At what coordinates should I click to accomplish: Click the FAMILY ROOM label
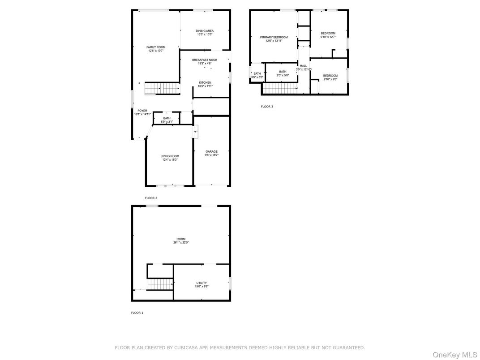tap(156, 47)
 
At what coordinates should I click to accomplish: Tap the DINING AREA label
tap(205, 31)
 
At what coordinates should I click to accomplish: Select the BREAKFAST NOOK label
tap(205, 60)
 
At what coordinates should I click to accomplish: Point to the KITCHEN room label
tap(205, 83)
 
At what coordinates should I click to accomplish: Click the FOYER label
tap(142, 111)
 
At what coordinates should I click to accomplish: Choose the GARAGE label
tap(211, 151)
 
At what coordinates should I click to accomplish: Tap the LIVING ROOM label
tap(170, 156)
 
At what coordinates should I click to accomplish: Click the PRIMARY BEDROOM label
tap(274, 37)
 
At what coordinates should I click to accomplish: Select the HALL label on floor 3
tap(304, 66)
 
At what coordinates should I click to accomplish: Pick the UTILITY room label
tap(201, 283)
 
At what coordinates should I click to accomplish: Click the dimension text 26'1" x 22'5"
tap(181, 243)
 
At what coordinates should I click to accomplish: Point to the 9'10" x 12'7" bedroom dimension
tap(328, 37)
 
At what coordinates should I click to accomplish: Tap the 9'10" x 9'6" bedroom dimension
tap(330, 80)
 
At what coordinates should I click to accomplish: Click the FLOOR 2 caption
tap(151, 198)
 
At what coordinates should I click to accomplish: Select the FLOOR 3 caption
tap(267, 107)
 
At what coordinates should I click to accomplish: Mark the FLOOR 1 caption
tap(137, 313)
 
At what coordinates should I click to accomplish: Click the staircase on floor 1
tap(160, 284)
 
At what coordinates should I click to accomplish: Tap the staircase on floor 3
tap(280, 89)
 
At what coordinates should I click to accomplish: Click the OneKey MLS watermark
tap(456, 355)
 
